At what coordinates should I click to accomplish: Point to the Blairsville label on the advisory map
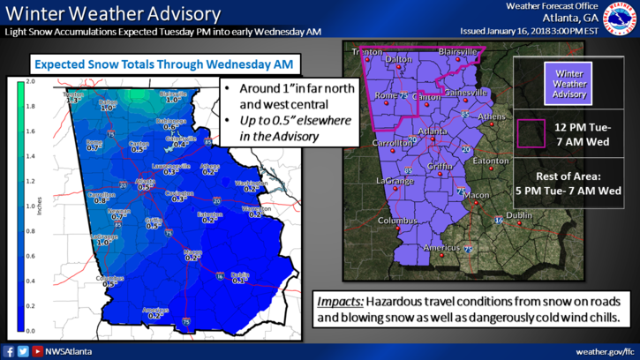click(x=456, y=52)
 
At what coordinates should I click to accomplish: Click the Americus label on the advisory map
click(x=440, y=248)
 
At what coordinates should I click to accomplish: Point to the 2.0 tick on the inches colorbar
click(x=32, y=81)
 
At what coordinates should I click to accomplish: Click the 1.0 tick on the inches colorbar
click(x=32, y=206)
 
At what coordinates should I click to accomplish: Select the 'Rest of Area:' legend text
click(x=569, y=175)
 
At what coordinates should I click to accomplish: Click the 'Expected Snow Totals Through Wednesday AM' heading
click(x=162, y=64)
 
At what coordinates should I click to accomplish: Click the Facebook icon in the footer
click(x=10, y=350)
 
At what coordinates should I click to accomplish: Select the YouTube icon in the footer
click(x=37, y=350)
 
